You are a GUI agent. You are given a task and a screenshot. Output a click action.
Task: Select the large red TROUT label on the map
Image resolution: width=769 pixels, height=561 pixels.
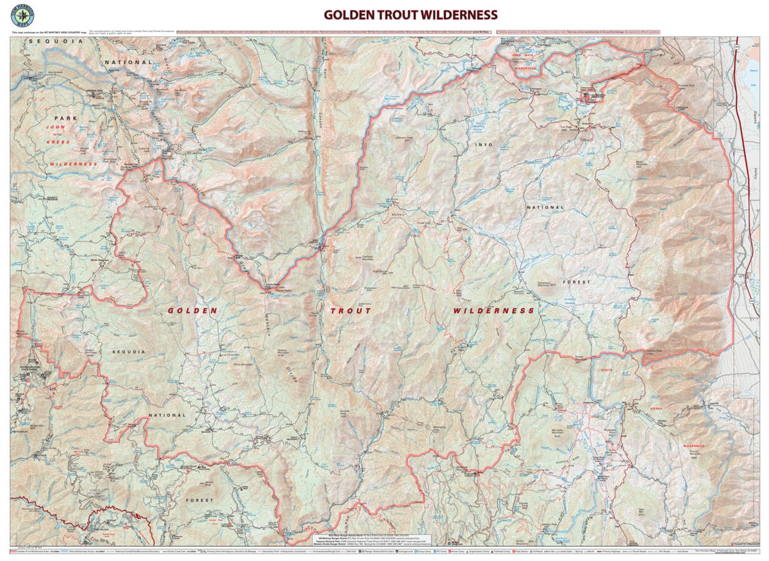(351, 311)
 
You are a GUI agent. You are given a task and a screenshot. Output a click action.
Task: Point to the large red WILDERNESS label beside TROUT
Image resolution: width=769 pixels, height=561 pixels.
(493, 311)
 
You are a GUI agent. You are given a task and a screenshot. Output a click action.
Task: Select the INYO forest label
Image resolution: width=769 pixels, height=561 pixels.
(484, 145)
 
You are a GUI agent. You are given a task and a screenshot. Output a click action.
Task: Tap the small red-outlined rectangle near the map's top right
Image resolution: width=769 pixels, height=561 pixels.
(591, 97)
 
